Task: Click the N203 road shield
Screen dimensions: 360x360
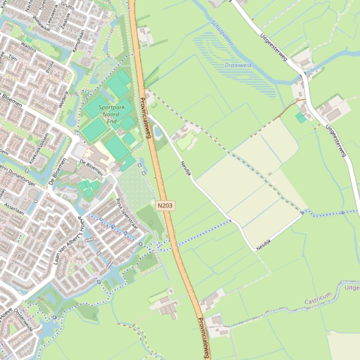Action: pos(165,205)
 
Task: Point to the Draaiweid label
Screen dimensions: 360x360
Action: pos(238,65)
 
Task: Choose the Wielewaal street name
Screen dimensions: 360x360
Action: pos(42,21)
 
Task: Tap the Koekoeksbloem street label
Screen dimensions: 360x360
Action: pos(39,148)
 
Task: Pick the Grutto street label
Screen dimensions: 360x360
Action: pos(67,6)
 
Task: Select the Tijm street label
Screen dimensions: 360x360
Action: pos(13,58)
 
